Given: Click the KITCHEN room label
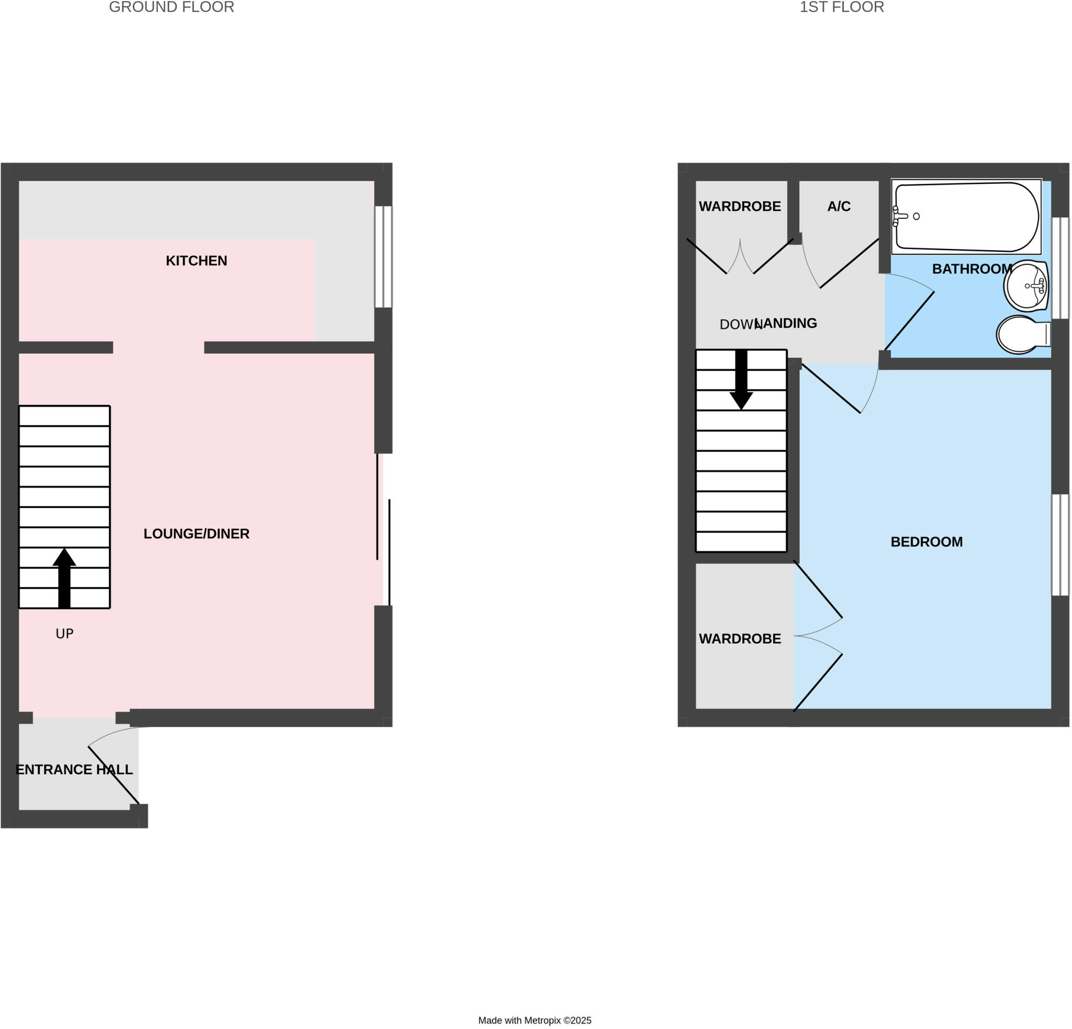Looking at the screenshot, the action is [196, 261].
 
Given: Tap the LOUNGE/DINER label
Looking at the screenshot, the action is [196, 534].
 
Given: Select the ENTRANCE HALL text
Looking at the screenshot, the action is [74, 770].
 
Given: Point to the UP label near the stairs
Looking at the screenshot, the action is [64, 634].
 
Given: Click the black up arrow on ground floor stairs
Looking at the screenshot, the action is [64, 578].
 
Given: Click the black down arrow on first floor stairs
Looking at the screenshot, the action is [741, 380].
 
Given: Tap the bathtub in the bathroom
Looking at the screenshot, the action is [966, 217].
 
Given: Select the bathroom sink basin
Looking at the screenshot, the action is [1026, 285].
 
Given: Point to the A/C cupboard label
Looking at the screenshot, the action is [839, 206].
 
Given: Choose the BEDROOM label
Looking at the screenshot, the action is [926, 542].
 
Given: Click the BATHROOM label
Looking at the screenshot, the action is [973, 269].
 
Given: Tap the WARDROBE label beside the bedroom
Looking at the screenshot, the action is [740, 639].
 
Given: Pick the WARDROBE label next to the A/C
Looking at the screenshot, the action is [740, 206].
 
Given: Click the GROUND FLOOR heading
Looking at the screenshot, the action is [172, 7].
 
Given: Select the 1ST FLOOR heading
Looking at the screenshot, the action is [842, 7].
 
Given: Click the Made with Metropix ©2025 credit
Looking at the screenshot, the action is [535, 1020].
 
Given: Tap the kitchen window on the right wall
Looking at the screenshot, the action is [383, 257].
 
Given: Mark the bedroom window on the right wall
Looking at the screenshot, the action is [1060, 545].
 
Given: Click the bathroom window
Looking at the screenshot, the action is [1060, 268].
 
